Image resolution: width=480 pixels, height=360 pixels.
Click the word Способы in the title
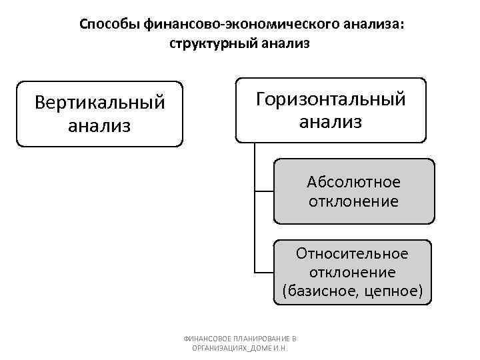pos(109,25)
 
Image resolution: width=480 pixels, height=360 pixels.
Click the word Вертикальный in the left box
pos(99,103)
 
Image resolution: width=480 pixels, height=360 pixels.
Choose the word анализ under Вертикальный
pos(99,125)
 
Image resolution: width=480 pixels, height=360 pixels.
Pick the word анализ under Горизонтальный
pos(331,121)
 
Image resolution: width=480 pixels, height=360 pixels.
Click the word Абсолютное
pos(353,181)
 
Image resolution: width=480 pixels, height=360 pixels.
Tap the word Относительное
pos(353,254)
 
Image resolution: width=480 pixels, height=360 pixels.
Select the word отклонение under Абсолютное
pos(353,200)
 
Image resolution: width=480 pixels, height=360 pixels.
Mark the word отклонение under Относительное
pos(353,273)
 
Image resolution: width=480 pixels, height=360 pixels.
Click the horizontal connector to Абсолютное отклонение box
pos(264,191)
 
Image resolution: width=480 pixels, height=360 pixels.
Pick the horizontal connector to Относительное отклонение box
pos(264,273)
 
